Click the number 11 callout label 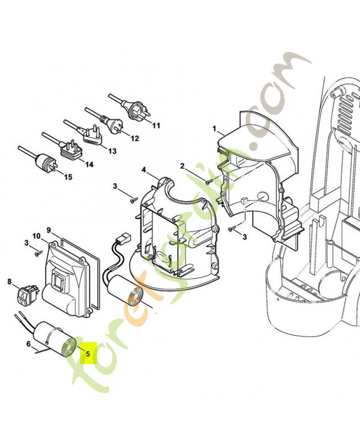coord(156,126)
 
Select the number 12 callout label coord(134,138)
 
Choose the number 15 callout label coord(68,177)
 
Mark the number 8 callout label coord(9,282)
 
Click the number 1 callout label coord(214,129)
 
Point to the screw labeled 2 coord(208,181)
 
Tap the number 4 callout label coord(144,169)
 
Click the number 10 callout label coord(36,236)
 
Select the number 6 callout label coord(28,344)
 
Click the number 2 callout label coord(182,166)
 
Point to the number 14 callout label coord(89,164)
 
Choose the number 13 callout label coord(112,151)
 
